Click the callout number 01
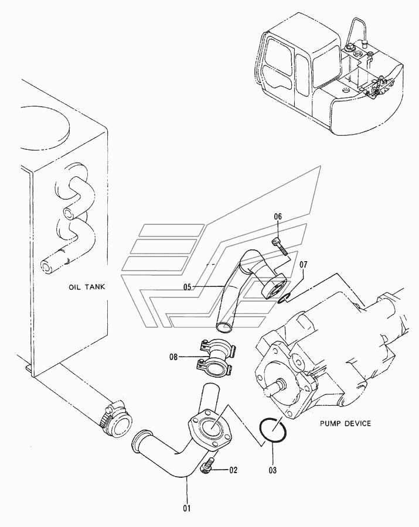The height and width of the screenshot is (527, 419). [x=186, y=508]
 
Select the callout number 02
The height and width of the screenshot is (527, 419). [x=233, y=470]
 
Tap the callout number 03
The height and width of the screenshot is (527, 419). [x=272, y=470]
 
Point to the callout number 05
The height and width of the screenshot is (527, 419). [x=188, y=287]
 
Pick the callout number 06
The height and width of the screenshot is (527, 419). [x=278, y=217]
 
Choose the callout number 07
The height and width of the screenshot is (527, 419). [x=303, y=265]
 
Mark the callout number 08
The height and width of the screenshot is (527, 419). [x=173, y=357]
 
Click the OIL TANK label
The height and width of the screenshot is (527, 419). [x=87, y=287]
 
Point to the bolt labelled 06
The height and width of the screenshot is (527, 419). [x=278, y=246]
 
